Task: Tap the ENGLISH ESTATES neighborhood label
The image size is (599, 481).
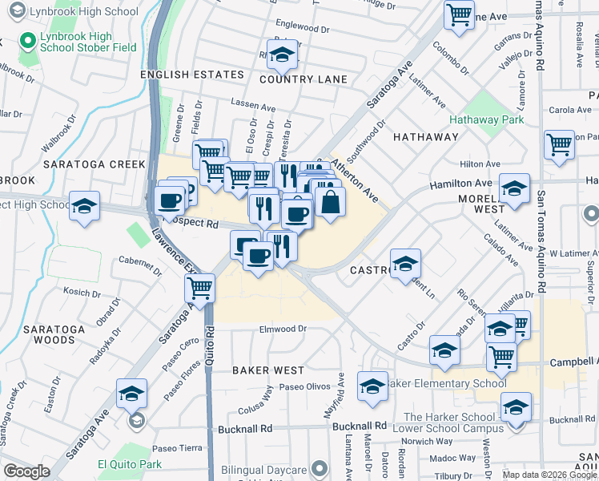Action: pos(191,75)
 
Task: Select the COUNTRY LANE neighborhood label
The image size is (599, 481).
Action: pos(304,79)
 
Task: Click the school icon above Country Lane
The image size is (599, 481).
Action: pos(282,55)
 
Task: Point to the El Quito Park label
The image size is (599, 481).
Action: pos(129,464)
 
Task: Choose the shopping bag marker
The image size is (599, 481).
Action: pos(330,201)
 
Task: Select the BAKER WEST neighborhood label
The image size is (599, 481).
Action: pos(268,370)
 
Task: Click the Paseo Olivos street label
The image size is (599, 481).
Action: pos(304,386)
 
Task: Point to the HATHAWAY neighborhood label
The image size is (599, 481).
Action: pos(426,137)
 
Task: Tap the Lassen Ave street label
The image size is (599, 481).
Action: pos(253,104)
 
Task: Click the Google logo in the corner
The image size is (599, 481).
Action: pos(26,471)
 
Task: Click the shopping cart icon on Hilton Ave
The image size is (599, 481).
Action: pos(559,145)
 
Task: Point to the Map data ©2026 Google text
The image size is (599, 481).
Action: pos(549,475)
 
